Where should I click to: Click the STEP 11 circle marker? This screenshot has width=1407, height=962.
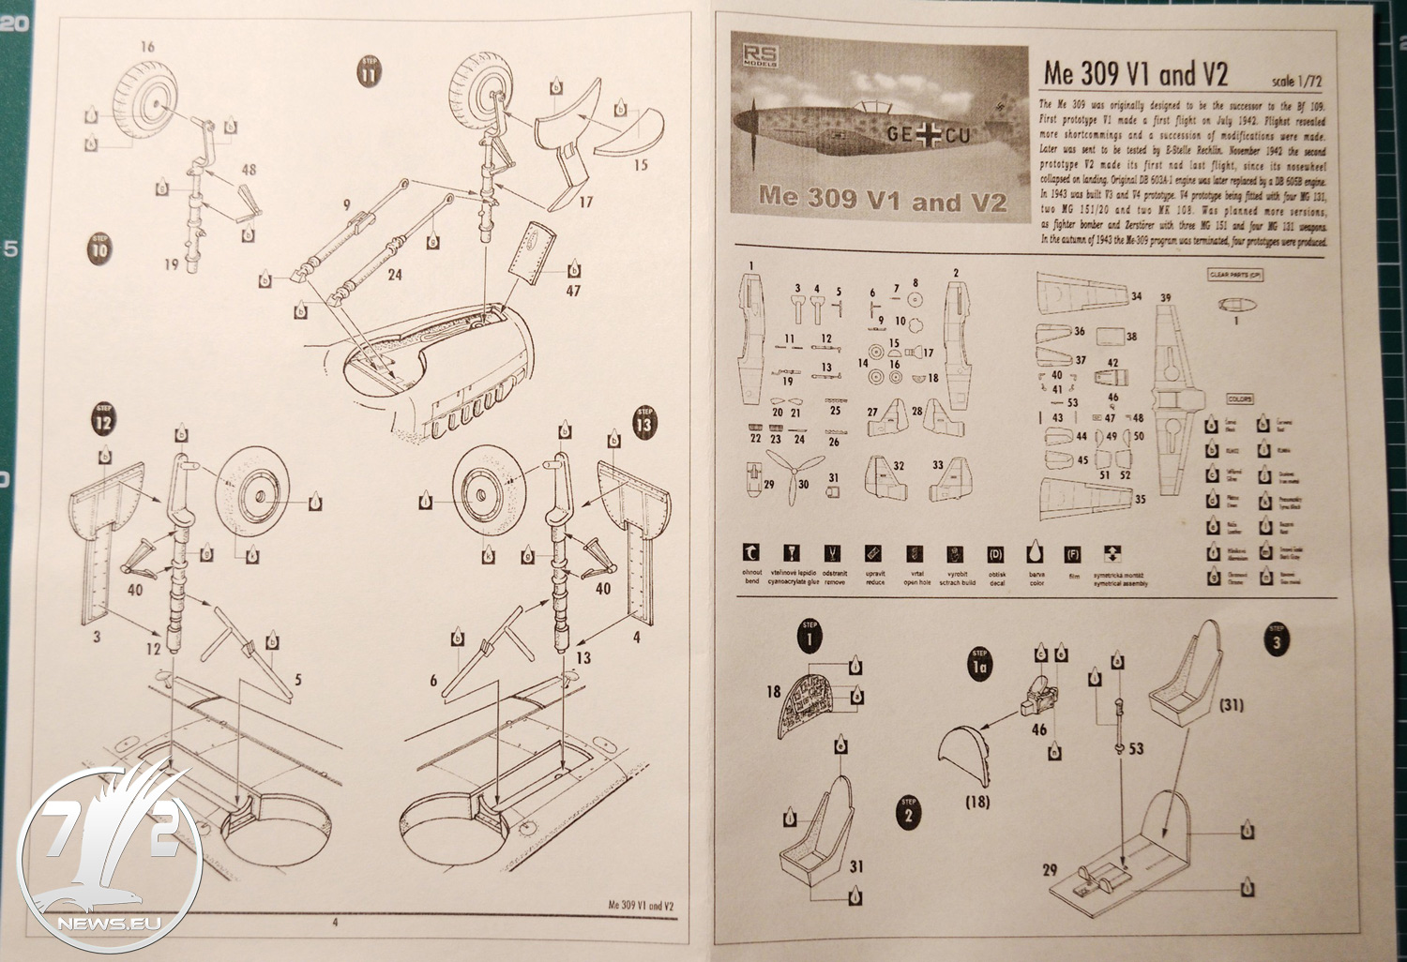370,72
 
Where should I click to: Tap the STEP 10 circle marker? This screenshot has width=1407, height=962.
100,248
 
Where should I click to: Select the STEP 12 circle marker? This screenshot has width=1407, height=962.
104,421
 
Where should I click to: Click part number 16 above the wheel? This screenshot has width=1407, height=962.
146,47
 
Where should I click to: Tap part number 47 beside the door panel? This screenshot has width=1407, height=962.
573,291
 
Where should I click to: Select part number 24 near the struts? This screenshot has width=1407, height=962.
394,276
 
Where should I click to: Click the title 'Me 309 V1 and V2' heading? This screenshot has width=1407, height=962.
1135,74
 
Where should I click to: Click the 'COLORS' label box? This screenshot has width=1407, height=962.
1239,399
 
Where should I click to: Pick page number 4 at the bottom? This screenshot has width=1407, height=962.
335,922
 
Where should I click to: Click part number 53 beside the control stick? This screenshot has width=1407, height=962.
1136,749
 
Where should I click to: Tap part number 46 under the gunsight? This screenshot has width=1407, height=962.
1038,729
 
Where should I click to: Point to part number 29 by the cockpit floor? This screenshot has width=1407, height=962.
1050,870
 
